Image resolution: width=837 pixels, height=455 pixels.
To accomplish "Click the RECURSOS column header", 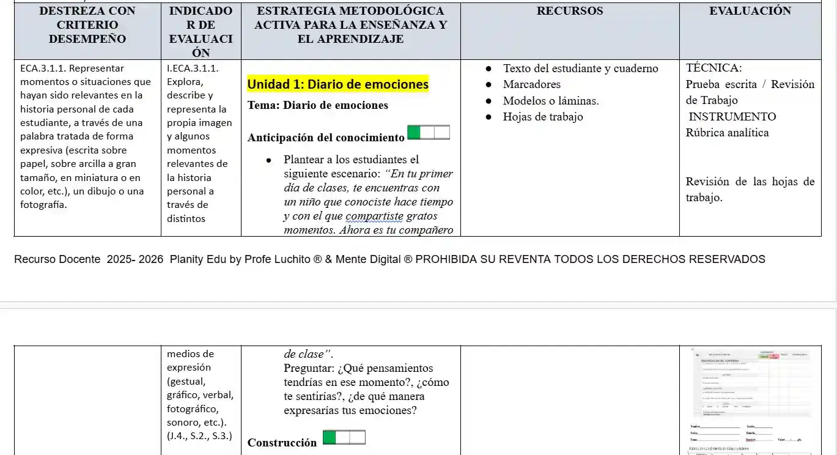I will tap(569, 11).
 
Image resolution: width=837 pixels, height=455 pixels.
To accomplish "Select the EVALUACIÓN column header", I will tap(750, 11).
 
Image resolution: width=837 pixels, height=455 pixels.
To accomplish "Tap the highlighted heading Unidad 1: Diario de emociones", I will tap(337, 84).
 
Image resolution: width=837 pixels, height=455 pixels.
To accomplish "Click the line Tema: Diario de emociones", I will tap(317, 105).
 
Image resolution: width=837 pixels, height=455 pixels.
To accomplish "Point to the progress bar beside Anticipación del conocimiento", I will tap(428, 133).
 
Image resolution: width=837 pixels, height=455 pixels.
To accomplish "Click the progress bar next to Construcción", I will tap(344, 437).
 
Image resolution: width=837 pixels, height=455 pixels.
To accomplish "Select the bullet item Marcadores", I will tap(531, 84).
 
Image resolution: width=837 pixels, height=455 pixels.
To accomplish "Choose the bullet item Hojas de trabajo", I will tap(542, 117).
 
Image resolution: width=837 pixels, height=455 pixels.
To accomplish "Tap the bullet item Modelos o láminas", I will tap(550, 101).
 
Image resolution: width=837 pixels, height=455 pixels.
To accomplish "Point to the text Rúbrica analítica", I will tap(727, 133).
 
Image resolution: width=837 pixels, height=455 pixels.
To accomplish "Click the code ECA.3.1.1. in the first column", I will tap(42, 68).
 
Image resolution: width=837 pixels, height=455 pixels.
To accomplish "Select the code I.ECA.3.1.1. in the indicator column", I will tap(193, 68).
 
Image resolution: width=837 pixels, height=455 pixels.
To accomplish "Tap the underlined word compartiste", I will tap(374, 216).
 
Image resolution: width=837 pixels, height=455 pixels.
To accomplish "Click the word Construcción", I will tap(282, 443).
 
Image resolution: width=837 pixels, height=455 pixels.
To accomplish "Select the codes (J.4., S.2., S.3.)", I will tap(199, 436).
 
